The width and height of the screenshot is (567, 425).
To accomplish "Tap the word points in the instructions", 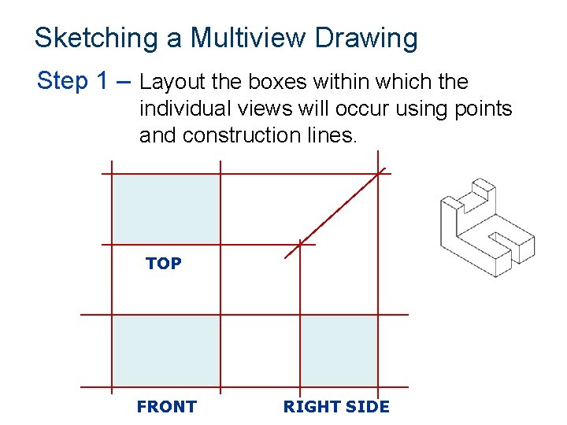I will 481,109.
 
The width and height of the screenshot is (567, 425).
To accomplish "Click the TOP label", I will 164,264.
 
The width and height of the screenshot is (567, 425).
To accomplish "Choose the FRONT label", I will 166,407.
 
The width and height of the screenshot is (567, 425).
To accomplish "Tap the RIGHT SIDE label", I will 336,407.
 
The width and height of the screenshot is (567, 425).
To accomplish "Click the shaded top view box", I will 165,209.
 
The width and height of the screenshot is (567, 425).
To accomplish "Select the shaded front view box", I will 165,351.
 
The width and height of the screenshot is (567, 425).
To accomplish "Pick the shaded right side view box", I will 339,351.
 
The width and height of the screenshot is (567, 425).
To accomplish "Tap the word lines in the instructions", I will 333,135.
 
